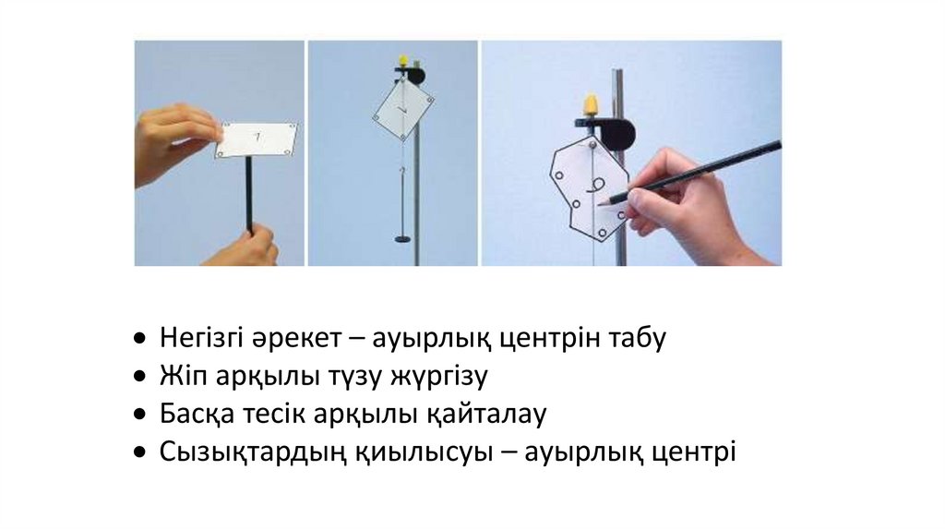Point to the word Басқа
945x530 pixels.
click(197, 415)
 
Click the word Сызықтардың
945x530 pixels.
click(253, 452)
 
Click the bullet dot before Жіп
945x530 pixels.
click(140, 377)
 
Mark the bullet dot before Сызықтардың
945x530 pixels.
click(140, 452)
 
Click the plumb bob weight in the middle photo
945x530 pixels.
click(403, 239)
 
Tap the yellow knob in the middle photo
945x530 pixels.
click(403, 60)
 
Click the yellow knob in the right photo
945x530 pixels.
click(592, 105)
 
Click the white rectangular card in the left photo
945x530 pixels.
click(257, 140)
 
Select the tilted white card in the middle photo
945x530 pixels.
click(404, 110)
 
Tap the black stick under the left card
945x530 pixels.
click(248, 194)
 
